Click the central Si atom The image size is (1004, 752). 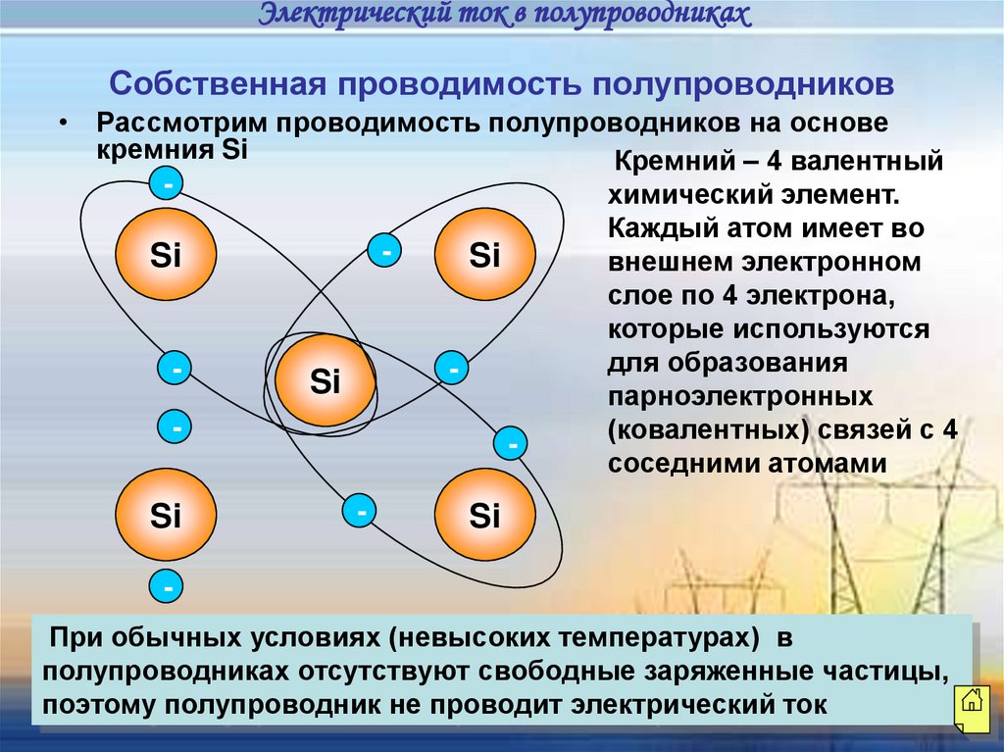(326, 380)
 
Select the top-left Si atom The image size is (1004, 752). (166, 256)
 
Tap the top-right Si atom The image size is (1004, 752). (485, 256)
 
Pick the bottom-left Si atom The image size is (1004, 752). (166, 515)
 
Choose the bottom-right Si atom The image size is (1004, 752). (485, 515)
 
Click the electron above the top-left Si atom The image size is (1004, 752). (168, 184)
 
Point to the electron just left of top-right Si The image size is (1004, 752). (386, 252)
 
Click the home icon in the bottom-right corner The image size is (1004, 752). (971, 702)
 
